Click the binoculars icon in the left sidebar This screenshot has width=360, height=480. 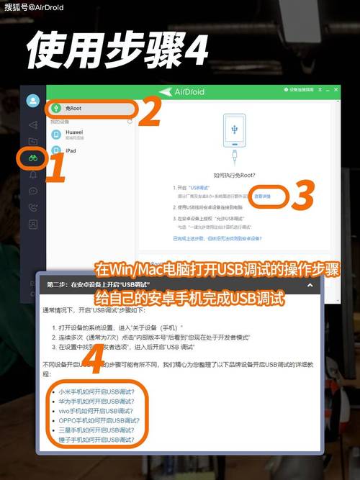[x=33, y=158]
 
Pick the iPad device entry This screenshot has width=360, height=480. [x=71, y=151]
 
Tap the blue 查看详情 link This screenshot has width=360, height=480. [x=261, y=196]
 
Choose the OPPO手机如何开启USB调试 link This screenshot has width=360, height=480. [x=95, y=420]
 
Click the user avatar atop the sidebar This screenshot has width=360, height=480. [x=32, y=101]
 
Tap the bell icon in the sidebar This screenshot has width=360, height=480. [x=33, y=174]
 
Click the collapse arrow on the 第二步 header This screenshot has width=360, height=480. [x=310, y=285]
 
